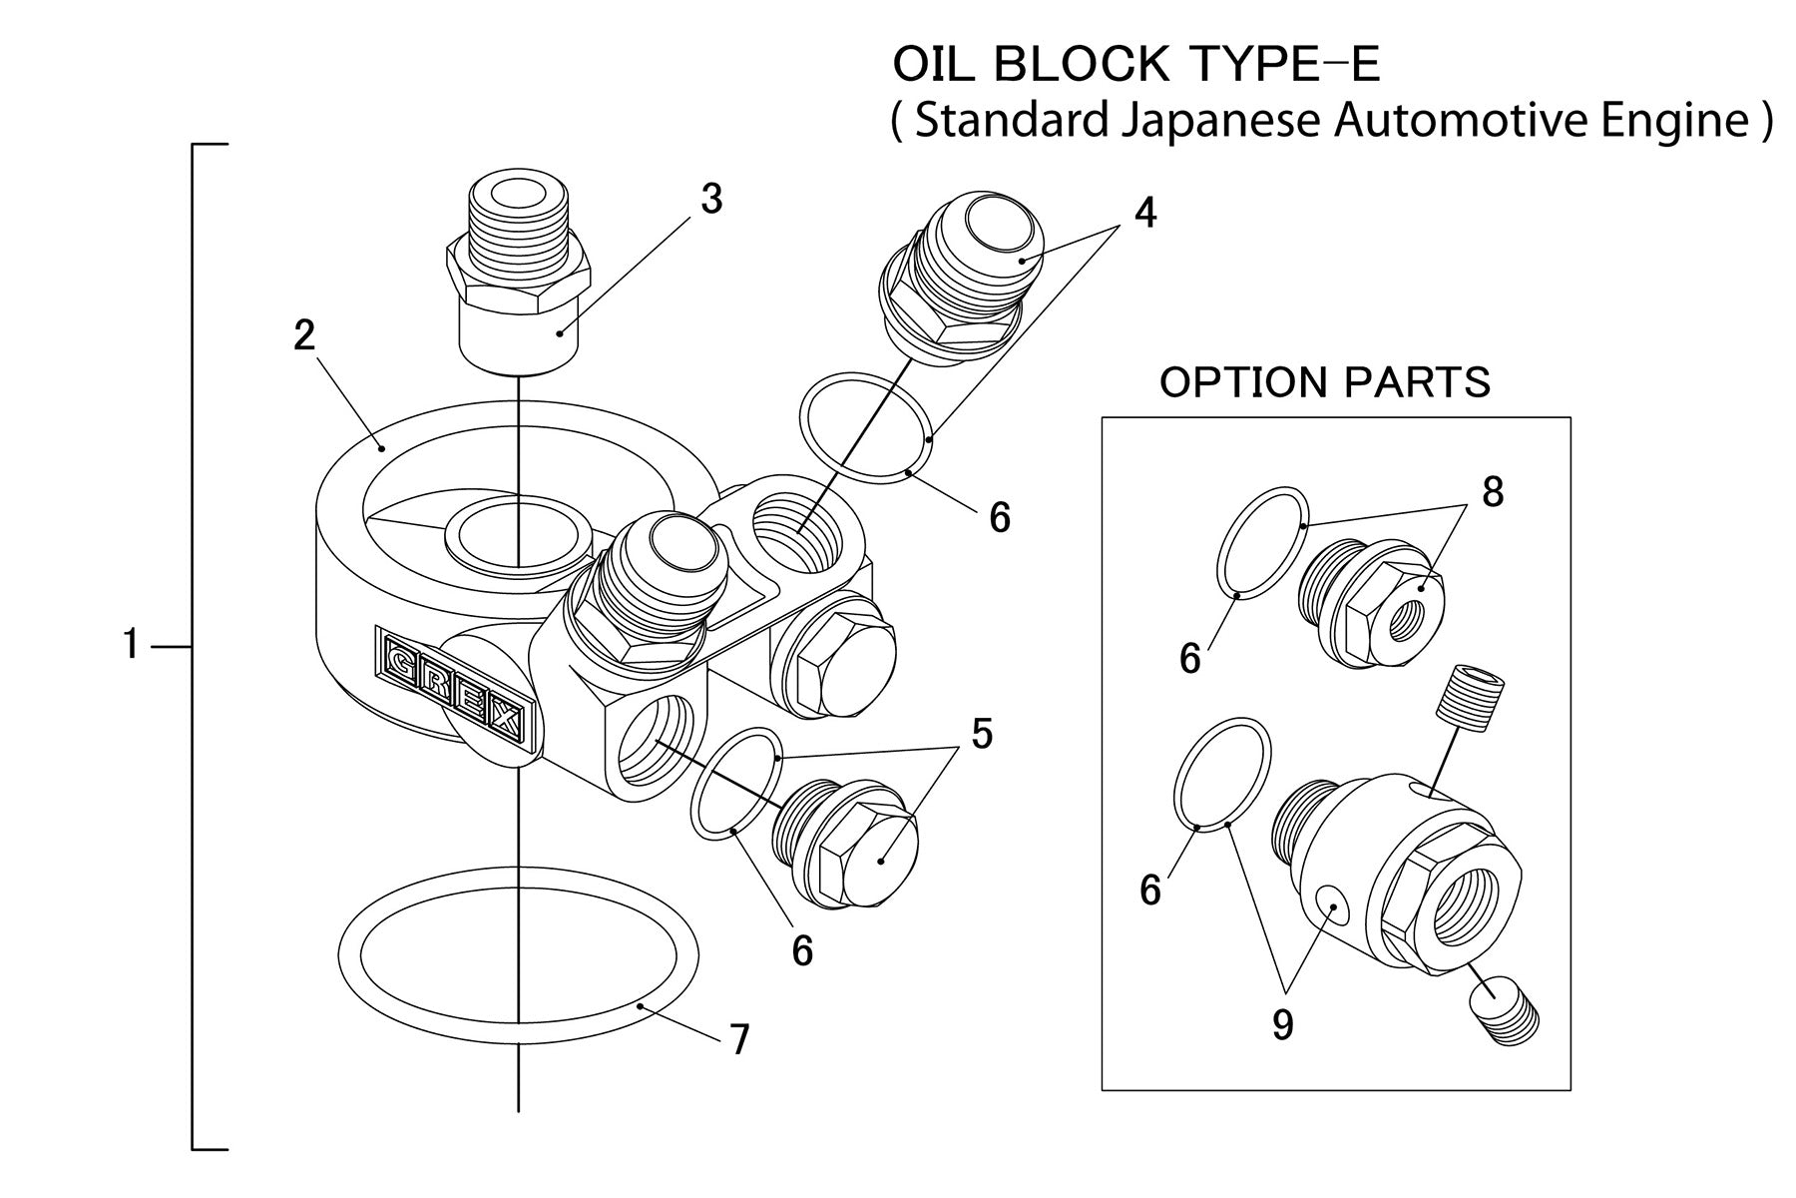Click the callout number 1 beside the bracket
coord(131,646)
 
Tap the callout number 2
coord(304,335)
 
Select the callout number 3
coord(710,199)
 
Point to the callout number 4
coord(1145,212)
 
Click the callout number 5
coord(982,734)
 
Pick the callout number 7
coord(738,1040)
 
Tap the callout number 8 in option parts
coord(1493,492)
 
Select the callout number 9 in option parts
coord(1283,1024)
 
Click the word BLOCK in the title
coord(1082,65)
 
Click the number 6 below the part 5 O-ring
coord(802,950)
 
